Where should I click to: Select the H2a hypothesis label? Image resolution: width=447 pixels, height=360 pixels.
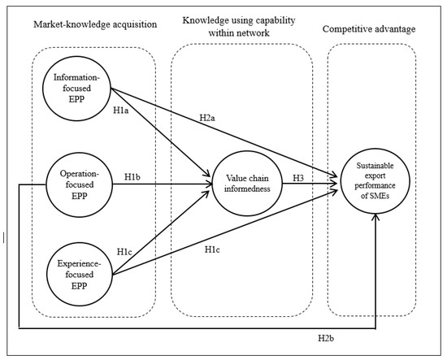(x=208, y=119)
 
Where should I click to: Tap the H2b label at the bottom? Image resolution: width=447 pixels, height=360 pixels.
(x=328, y=336)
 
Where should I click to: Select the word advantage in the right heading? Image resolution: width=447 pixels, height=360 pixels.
(x=396, y=28)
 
